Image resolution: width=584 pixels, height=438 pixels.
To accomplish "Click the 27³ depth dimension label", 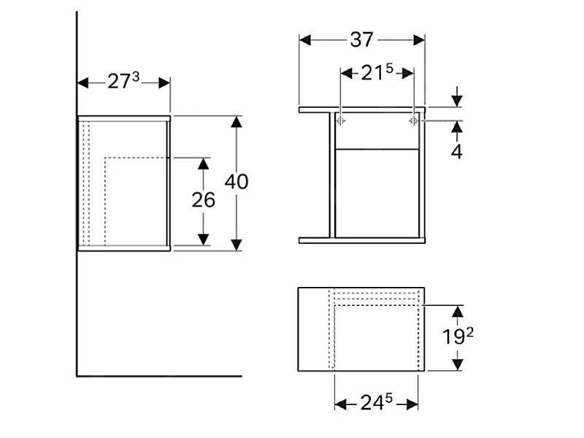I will [x=123, y=82].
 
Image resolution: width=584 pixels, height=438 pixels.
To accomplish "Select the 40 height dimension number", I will [x=236, y=181].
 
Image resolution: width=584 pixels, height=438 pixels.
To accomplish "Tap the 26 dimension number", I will [x=203, y=199].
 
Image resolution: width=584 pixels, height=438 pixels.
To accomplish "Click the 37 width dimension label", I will [x=361, y=39].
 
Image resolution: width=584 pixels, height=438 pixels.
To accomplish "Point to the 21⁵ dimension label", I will [x=377, y=72].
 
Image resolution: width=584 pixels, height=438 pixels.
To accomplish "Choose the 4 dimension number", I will [x=456, y=153].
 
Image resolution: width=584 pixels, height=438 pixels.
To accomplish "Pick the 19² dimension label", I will [x=457, y=337].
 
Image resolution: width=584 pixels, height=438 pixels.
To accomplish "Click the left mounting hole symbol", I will [x=342, y=120].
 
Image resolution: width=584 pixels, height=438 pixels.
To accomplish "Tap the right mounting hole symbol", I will [x=412, y=120].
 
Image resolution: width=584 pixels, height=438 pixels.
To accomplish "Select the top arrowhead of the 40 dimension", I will [x=236, y=121].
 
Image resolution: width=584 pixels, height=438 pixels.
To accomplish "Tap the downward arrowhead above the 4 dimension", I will [x=457, y=101].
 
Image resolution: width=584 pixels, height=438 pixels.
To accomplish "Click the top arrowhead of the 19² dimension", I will [x=457, y=312].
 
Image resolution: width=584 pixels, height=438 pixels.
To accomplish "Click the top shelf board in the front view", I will [x=362, y=110].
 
